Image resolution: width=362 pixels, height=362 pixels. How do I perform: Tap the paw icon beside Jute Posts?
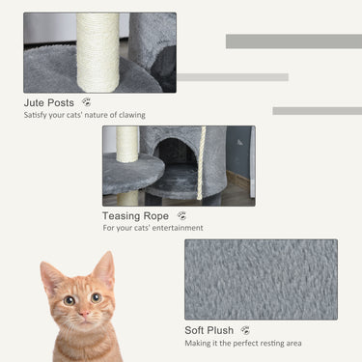pyautogui.click(x=87, y=101)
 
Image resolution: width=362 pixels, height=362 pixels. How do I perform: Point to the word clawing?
pyautogui.click(x=130, y=115)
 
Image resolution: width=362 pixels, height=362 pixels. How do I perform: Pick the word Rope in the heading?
pyautogui.click(x=157, y=216)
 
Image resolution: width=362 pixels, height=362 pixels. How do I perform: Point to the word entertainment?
pyautogui.click(x=178, y=229)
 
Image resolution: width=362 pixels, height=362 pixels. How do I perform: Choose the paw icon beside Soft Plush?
pyautogui.click(x=245, y=330)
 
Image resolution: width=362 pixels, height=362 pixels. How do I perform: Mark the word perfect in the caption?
pyautogui.click(x=245, y=344)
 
